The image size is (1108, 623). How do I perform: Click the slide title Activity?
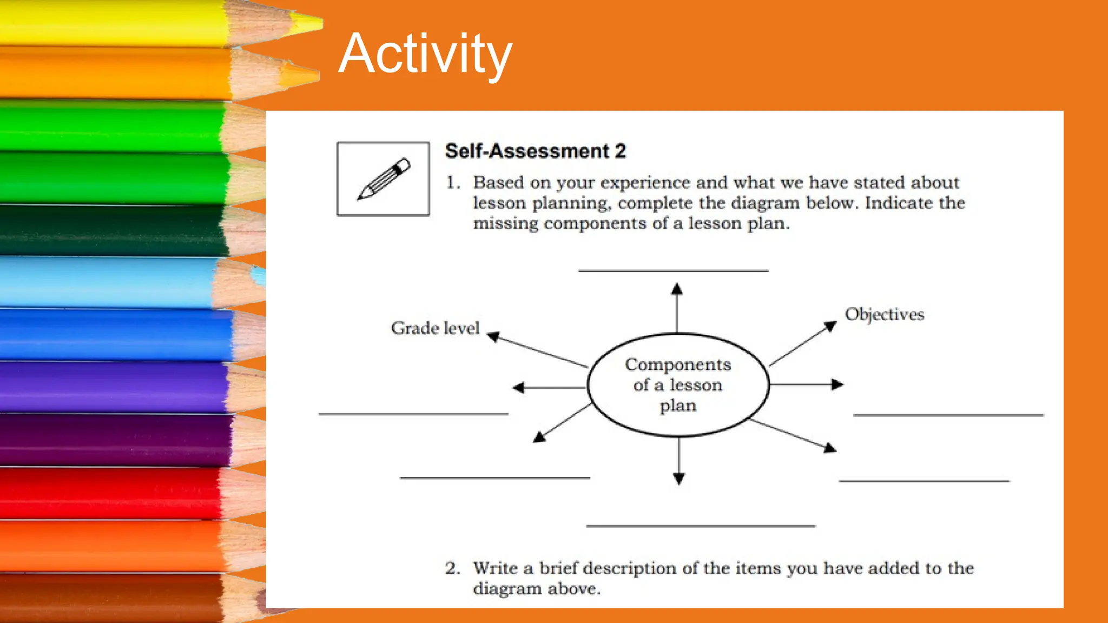[x=425, y=54]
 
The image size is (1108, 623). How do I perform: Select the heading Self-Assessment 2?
[x=535, y=151]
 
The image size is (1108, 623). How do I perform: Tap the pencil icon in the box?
[x=384, y=179]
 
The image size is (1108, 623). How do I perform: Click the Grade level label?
[x=435, y=328]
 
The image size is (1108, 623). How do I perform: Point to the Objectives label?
[x=885, y=314]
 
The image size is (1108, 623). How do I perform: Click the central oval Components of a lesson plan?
[x=678, y=385]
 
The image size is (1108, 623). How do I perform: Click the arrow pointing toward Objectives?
[x=803, y=343]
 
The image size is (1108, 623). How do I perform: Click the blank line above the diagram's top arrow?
[x=673, y=270]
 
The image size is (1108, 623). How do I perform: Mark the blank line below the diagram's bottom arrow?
[x=701, y=526]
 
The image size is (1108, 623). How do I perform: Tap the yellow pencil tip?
[x=308, y=23]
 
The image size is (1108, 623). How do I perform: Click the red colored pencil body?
[x=108, y=493]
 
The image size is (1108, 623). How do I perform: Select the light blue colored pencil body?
[x=108, y=282]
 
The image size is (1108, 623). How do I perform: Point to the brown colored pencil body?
[x=108, y=598]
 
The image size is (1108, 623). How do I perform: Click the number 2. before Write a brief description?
[x=453, y=568]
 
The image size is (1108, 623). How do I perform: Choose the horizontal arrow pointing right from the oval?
[x=806, y=385]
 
